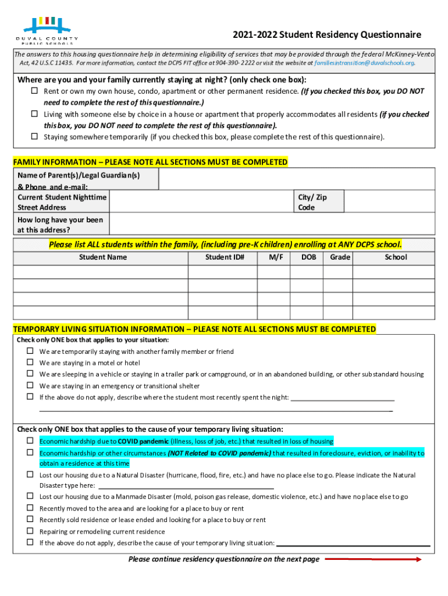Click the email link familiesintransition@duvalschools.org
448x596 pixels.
pos(364,63)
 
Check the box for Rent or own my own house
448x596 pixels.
pos(34,91)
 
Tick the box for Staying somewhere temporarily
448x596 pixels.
pos(34,137)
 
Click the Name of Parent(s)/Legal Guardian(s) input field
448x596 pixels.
pos(297,179)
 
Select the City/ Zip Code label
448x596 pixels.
pos(312,202)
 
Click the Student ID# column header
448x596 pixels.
pos(225,257)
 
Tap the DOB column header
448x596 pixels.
pos(308,257)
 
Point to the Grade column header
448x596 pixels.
pos(340,257)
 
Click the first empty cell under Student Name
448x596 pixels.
pos(101,272)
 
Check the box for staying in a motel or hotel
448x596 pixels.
pos(30,363)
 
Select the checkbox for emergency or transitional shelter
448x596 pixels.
pos(30,385)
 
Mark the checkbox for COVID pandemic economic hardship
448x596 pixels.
pos(30,441)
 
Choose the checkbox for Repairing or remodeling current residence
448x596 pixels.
pos(30,531)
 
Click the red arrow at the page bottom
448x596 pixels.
pos(372,559)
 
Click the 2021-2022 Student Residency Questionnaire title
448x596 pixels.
pos(326,35)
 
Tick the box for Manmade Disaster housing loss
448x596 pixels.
pos(30,496)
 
